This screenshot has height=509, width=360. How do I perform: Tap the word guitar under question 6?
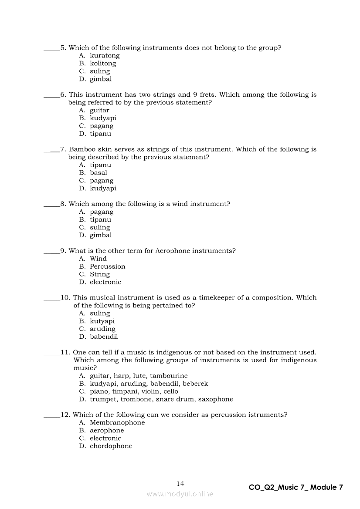tap(99, 110)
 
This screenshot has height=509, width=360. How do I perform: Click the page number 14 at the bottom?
tap(180, 484)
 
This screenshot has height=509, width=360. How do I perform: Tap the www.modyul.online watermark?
tap(180, 494)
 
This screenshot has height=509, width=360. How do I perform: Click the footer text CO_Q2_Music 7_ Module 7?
tap(295, 487)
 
